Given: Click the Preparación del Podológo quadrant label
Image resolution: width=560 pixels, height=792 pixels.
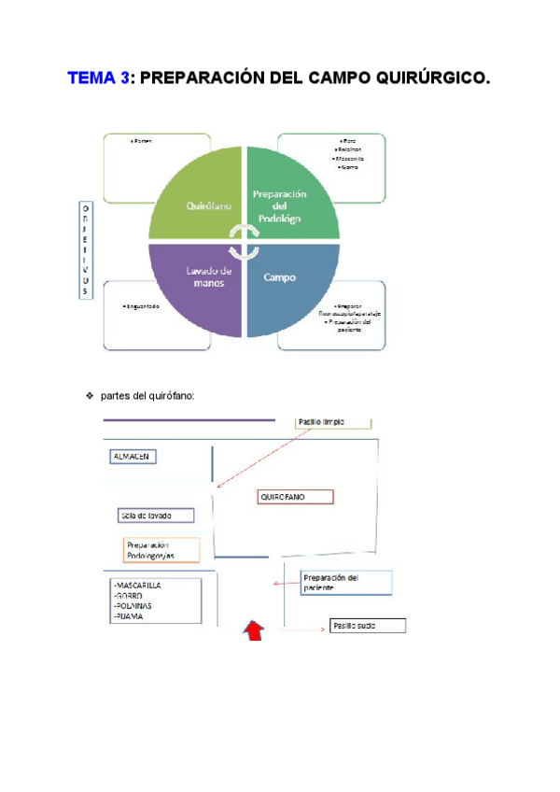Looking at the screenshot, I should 280,205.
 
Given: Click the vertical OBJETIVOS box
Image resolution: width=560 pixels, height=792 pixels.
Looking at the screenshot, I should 85,249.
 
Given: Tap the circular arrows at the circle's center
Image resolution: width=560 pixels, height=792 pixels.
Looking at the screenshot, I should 245,242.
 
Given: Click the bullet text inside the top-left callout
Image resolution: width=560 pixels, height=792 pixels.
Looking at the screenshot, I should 142,141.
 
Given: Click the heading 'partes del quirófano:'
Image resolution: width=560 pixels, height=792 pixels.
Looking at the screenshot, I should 148,396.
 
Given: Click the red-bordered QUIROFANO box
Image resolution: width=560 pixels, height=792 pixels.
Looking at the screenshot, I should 295,497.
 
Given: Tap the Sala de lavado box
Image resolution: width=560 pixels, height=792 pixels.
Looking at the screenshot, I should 156,515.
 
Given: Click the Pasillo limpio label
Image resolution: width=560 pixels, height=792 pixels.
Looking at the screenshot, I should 322,422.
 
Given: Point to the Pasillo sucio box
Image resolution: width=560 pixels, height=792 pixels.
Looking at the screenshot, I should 367,626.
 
